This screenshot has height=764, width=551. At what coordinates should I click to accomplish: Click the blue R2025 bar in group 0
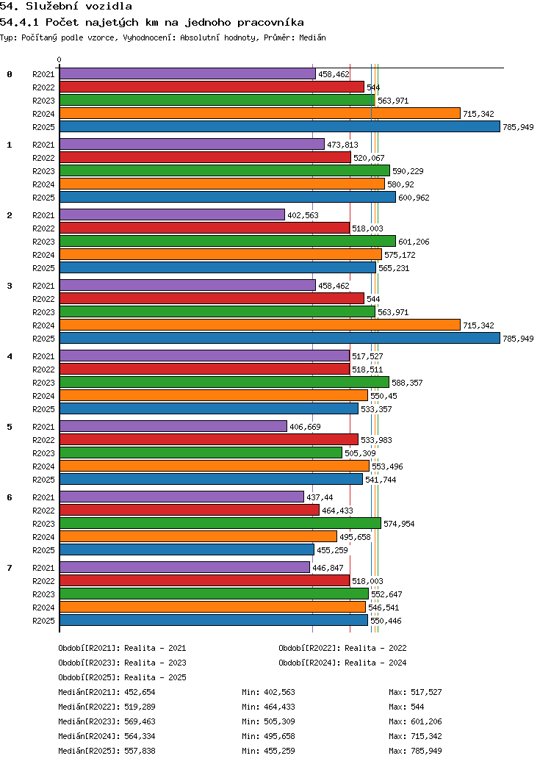(279, 127)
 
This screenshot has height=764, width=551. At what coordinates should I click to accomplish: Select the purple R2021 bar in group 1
(192, 145)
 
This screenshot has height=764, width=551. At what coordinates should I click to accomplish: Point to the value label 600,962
(414, 198)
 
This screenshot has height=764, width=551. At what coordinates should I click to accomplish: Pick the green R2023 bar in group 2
(228, 242)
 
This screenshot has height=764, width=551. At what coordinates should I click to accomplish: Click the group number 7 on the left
(10, 568)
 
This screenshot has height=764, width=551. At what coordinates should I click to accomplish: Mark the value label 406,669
(305, 427)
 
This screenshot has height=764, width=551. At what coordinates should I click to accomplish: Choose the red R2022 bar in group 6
(189, 511)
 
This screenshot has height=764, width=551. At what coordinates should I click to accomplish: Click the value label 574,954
(399, 524)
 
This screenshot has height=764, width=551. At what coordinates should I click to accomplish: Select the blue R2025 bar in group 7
(213, 621)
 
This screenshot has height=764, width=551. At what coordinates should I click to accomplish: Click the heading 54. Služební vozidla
(66, 7)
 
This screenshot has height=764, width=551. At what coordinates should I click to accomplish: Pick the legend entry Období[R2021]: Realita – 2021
(122, 648)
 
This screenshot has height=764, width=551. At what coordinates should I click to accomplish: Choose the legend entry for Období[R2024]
(342, 663)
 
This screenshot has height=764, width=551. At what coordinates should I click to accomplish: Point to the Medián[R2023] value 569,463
(140, 721)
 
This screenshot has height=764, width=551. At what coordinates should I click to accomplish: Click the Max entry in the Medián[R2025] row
(415, 751)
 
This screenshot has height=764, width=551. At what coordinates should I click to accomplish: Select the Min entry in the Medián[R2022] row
(268, 707)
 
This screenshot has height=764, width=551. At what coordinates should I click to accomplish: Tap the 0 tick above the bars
(60, 60)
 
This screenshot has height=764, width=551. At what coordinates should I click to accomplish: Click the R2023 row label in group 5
(43, 453)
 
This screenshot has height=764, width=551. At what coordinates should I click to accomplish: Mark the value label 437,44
(320, 497)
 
